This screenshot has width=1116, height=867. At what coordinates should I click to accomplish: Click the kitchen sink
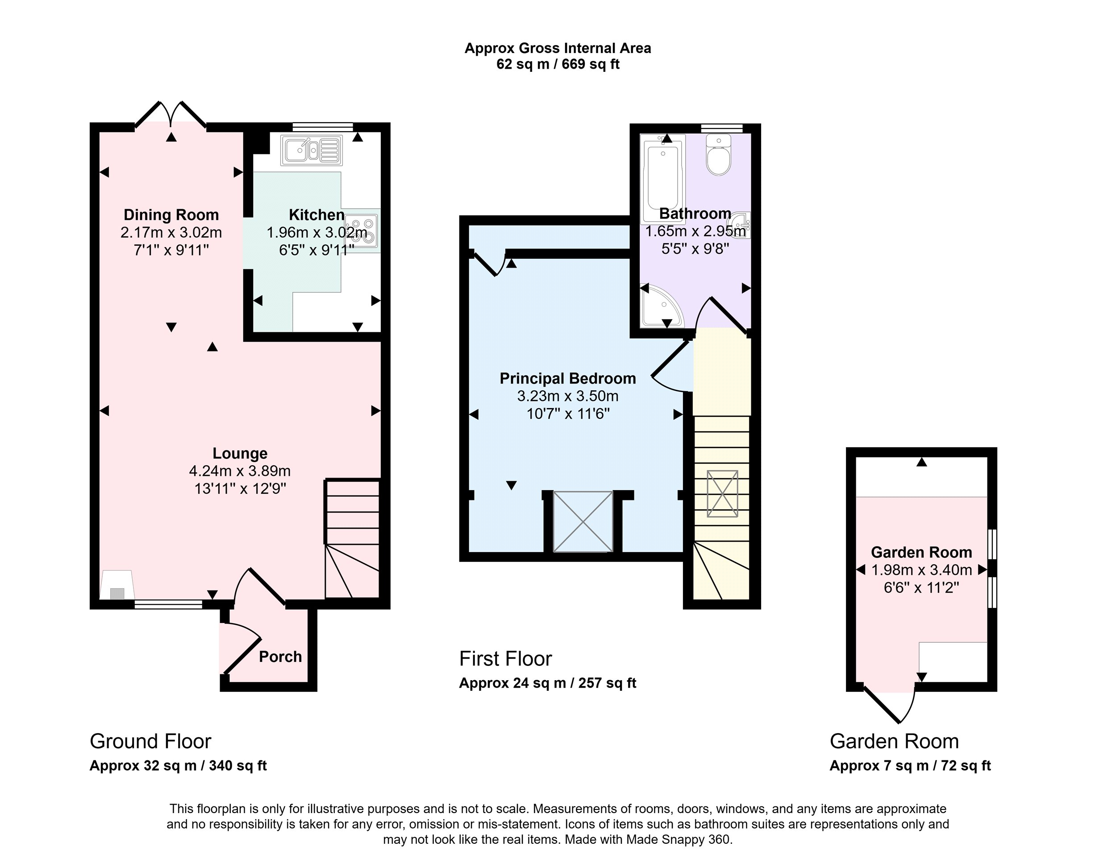311,150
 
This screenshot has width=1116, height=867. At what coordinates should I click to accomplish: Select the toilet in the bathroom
718,155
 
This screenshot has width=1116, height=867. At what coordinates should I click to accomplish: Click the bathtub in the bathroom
663,179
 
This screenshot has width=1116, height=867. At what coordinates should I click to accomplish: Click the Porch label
280,656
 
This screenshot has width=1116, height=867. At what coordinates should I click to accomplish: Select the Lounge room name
240,454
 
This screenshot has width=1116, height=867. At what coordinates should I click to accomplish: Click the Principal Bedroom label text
568,378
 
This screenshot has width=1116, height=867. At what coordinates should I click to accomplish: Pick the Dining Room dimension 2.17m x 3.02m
171,233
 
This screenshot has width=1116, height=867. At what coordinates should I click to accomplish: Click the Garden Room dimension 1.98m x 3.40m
921,570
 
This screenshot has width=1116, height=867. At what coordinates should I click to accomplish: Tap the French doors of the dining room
171,114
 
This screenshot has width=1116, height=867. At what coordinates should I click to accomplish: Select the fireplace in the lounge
117,585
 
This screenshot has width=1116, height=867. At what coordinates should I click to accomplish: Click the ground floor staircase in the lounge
353,539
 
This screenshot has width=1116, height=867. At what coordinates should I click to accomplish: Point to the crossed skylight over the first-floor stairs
722,494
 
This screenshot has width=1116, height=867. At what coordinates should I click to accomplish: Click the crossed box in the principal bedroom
583,521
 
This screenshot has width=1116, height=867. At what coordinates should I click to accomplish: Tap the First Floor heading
505,659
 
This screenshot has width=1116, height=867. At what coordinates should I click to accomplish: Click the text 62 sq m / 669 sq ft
558,64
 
